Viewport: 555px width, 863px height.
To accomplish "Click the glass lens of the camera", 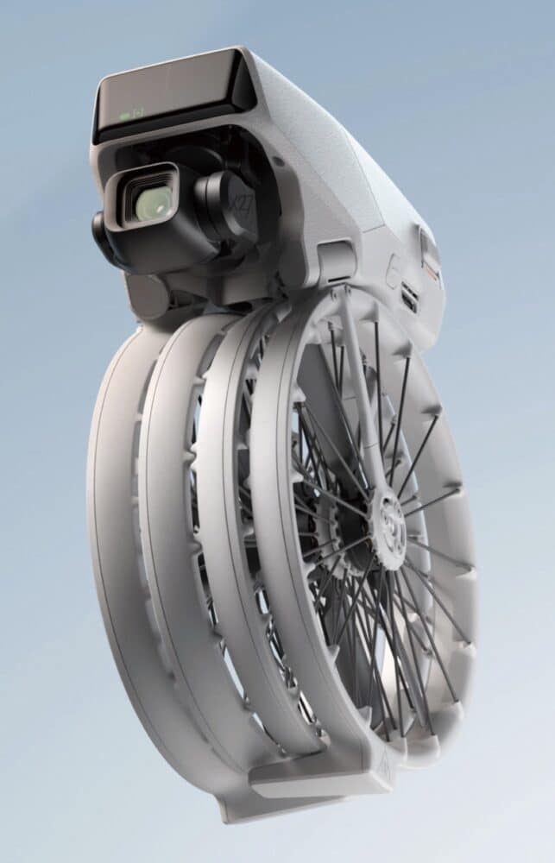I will point(152,204).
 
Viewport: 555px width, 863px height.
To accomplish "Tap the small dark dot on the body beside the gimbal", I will point(278,161).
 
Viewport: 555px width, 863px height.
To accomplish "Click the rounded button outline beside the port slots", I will point(392,273).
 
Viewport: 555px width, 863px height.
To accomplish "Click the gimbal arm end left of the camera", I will point(100,233).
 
